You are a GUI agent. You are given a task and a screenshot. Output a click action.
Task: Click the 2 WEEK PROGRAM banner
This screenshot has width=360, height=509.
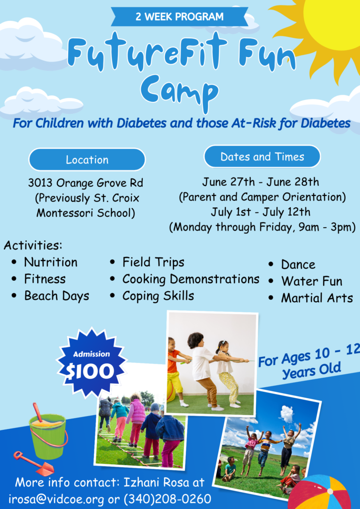pos(180,16)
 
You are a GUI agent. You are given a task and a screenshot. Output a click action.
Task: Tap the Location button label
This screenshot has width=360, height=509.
pos(87,160)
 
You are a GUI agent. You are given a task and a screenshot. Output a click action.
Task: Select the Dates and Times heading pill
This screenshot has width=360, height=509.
pos(262,157)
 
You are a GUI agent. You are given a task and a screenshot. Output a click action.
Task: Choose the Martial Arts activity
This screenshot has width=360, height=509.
pos(317,298)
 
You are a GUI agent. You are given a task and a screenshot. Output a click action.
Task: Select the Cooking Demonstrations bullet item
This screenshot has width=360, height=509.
pos(190,279)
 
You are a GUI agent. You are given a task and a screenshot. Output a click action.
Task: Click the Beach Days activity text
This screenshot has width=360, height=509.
pos(57,296)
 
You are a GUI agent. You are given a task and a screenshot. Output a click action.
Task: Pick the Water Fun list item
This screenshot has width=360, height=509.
pos(312,281)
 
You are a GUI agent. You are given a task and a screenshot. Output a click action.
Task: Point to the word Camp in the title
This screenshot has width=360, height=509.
pos(180,90)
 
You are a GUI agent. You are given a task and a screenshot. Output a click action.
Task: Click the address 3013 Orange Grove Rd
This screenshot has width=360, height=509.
pos(86,183)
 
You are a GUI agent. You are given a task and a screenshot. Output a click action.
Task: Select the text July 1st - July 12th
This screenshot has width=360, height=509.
pos(261,212)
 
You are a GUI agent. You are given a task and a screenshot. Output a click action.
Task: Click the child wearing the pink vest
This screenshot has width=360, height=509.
pos(137,421)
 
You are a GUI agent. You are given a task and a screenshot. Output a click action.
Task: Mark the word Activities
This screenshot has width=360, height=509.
pos(33,246)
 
